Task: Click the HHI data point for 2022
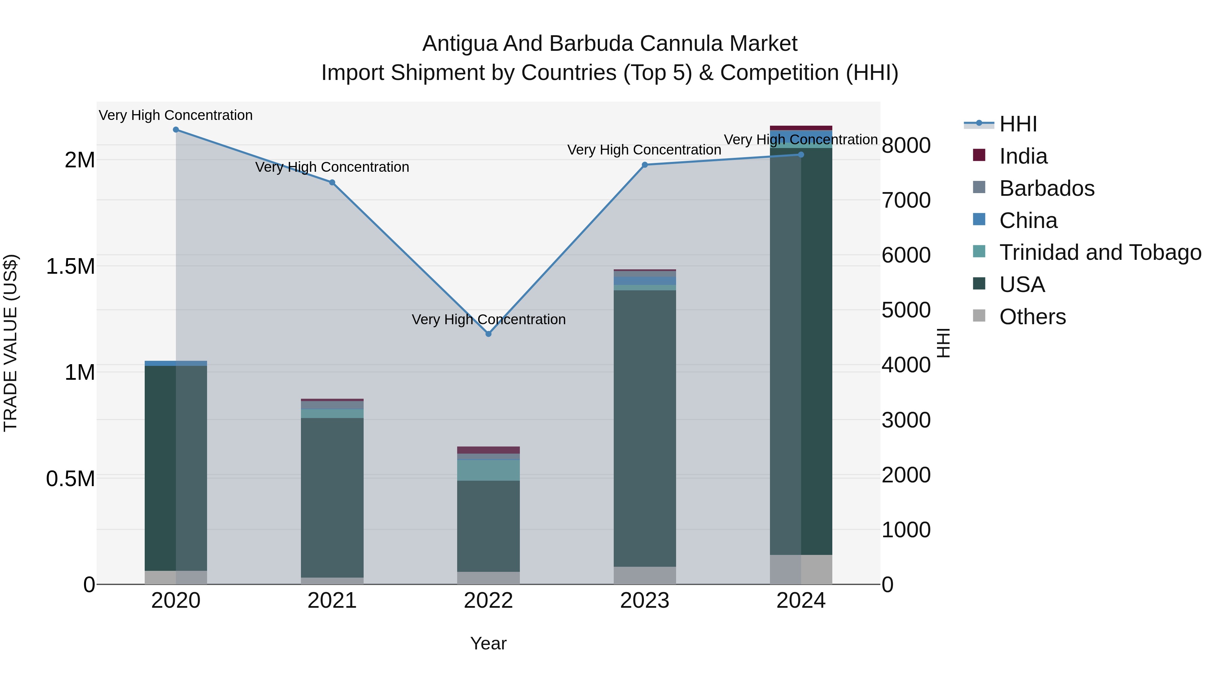[488, 334]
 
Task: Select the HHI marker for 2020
[176, 130]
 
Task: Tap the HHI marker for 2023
[645, 165]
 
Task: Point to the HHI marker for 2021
[332, 183]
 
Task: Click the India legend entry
[1023, 156]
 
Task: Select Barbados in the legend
[1047, 188]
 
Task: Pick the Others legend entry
[1033, 317]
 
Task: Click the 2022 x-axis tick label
[488, 601]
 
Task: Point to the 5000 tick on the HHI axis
[906, 310]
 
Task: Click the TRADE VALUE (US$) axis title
[11, 343]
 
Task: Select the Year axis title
[488, 643]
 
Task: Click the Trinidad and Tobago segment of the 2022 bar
[488, 470]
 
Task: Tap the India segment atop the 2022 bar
[488, 450]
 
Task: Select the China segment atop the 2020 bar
[176, 363]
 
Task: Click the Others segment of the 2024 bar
[801, 569]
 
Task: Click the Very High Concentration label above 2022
[488, 319]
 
